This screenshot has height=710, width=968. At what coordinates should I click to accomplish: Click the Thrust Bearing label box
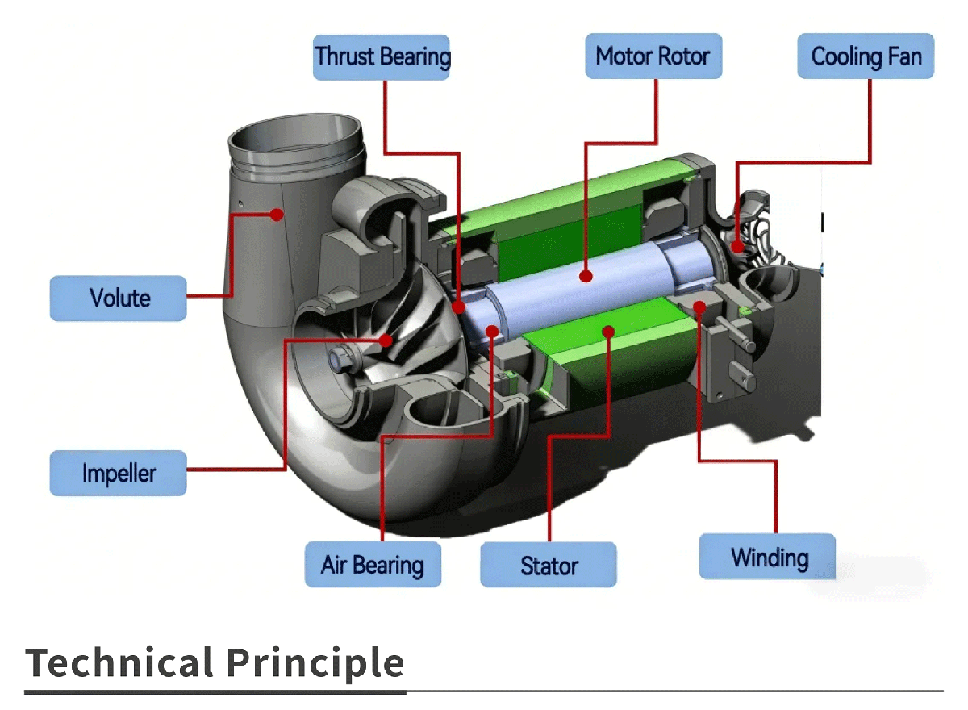[382, 56]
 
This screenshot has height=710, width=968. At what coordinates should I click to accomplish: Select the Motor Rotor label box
[653, 56]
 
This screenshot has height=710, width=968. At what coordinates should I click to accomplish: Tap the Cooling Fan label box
[866, 56]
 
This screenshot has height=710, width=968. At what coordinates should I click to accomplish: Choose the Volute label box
[119, 298]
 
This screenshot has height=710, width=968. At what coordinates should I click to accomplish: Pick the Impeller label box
[119, 473]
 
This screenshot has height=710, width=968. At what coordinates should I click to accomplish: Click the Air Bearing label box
[373, 565]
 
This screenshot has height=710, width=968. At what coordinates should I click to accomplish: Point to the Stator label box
[549, 565]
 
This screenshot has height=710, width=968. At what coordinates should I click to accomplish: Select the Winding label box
[767, 557]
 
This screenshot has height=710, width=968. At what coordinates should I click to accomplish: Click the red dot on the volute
[276, 215]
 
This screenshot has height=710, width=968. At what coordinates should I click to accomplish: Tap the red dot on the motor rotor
[587, 276]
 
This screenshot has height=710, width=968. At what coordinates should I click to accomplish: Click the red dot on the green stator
[609, 331]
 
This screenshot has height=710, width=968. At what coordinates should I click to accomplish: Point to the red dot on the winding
[699, 307]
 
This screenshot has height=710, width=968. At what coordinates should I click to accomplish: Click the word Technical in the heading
[119, 663]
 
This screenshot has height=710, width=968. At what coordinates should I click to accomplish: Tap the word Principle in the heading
[315, 663]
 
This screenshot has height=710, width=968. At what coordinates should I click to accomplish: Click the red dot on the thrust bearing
[458, 307]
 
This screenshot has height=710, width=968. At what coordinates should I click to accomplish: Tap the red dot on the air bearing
[493, 329]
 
